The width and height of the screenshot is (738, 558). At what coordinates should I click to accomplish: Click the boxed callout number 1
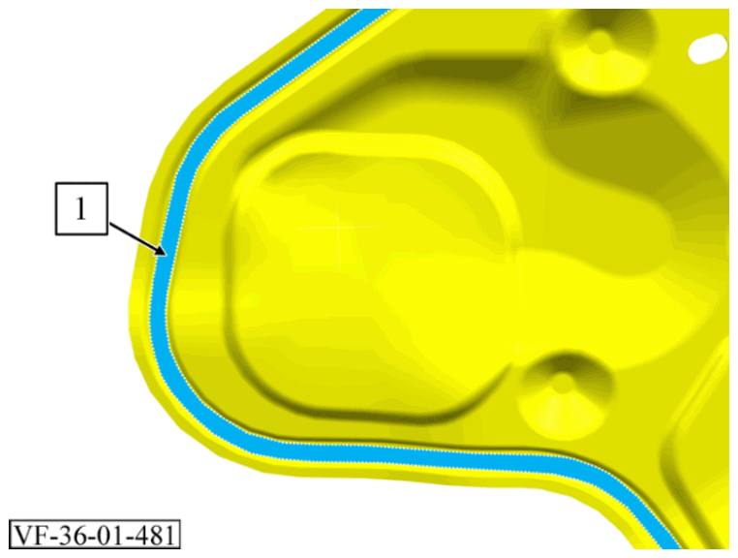[x=81, y=208]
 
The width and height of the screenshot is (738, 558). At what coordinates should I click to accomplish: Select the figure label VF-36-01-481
[x=95, y=535]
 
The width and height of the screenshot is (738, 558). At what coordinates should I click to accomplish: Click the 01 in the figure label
[x=108, y=535]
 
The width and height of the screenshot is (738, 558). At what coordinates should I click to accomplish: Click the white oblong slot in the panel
[x=707, y=47]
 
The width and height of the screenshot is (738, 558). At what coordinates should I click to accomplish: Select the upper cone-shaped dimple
[x=603, y=47]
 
